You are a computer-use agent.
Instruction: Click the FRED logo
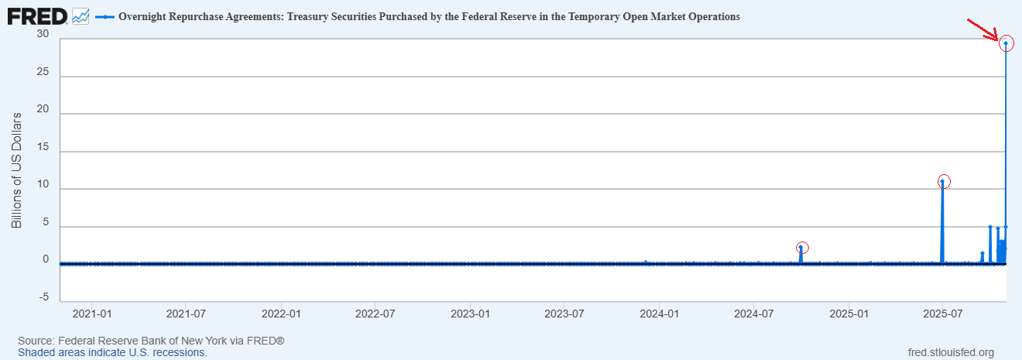point(37,17)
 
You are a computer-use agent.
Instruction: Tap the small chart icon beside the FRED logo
point(81,17)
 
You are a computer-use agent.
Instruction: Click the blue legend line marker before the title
point(105,17)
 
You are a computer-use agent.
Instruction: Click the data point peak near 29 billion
point(1006,43)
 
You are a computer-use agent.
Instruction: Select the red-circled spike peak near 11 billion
point(942,181)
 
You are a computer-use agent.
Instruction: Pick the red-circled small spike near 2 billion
point(801,248)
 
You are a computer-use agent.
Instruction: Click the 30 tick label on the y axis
point(43,33)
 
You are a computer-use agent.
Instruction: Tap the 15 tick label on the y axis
point(43,146)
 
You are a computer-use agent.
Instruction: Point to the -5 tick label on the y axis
point(44,297)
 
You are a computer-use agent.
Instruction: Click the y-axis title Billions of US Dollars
point(16,170)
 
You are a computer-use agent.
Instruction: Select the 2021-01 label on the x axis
point(92,314)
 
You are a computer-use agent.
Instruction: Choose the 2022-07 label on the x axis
point(375,314)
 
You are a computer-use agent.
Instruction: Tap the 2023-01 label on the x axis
point(471,314)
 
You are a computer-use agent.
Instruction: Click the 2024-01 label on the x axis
point(660,314)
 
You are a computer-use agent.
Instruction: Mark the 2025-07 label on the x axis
point(942,314)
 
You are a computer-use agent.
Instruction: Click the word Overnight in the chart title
point(142,17)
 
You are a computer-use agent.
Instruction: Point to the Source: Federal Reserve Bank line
point(151,341)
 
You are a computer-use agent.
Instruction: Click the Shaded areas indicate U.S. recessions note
point(112,353)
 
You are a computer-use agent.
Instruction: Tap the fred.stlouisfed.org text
point(951,353)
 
